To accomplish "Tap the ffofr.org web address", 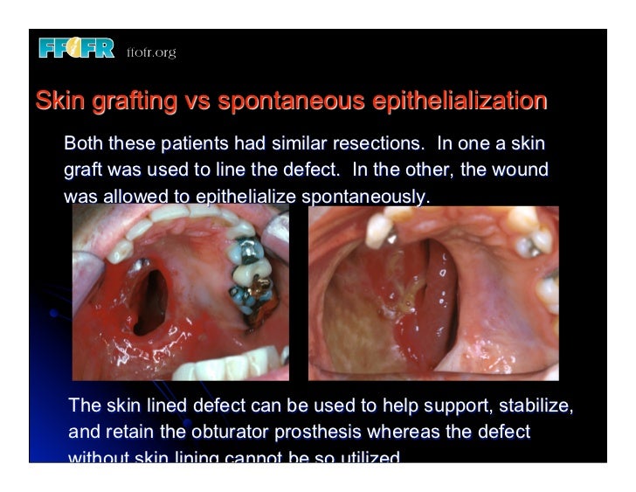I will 151,52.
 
